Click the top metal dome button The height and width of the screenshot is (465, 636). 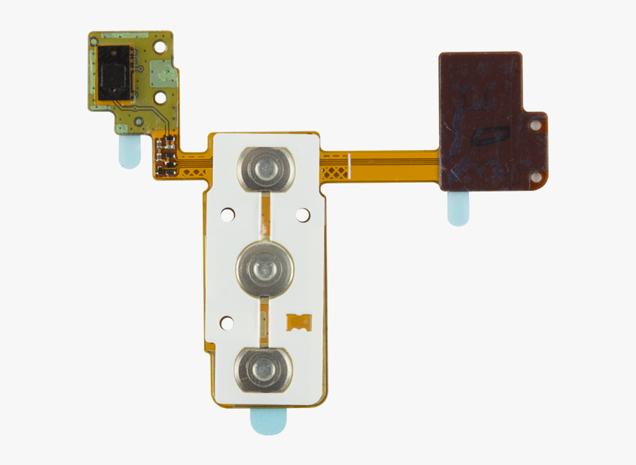[265, 169]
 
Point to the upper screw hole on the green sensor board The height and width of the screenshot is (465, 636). [160, 47]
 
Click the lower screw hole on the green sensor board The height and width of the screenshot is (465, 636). [160, 97]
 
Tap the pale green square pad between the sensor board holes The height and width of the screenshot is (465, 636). [159, 72]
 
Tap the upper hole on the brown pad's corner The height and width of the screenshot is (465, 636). [535, 126]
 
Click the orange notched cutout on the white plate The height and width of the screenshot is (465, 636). [299, 322]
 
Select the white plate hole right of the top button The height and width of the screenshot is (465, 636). [302, 214]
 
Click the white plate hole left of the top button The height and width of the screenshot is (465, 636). [227, 215]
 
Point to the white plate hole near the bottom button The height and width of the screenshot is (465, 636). [227, 322]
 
